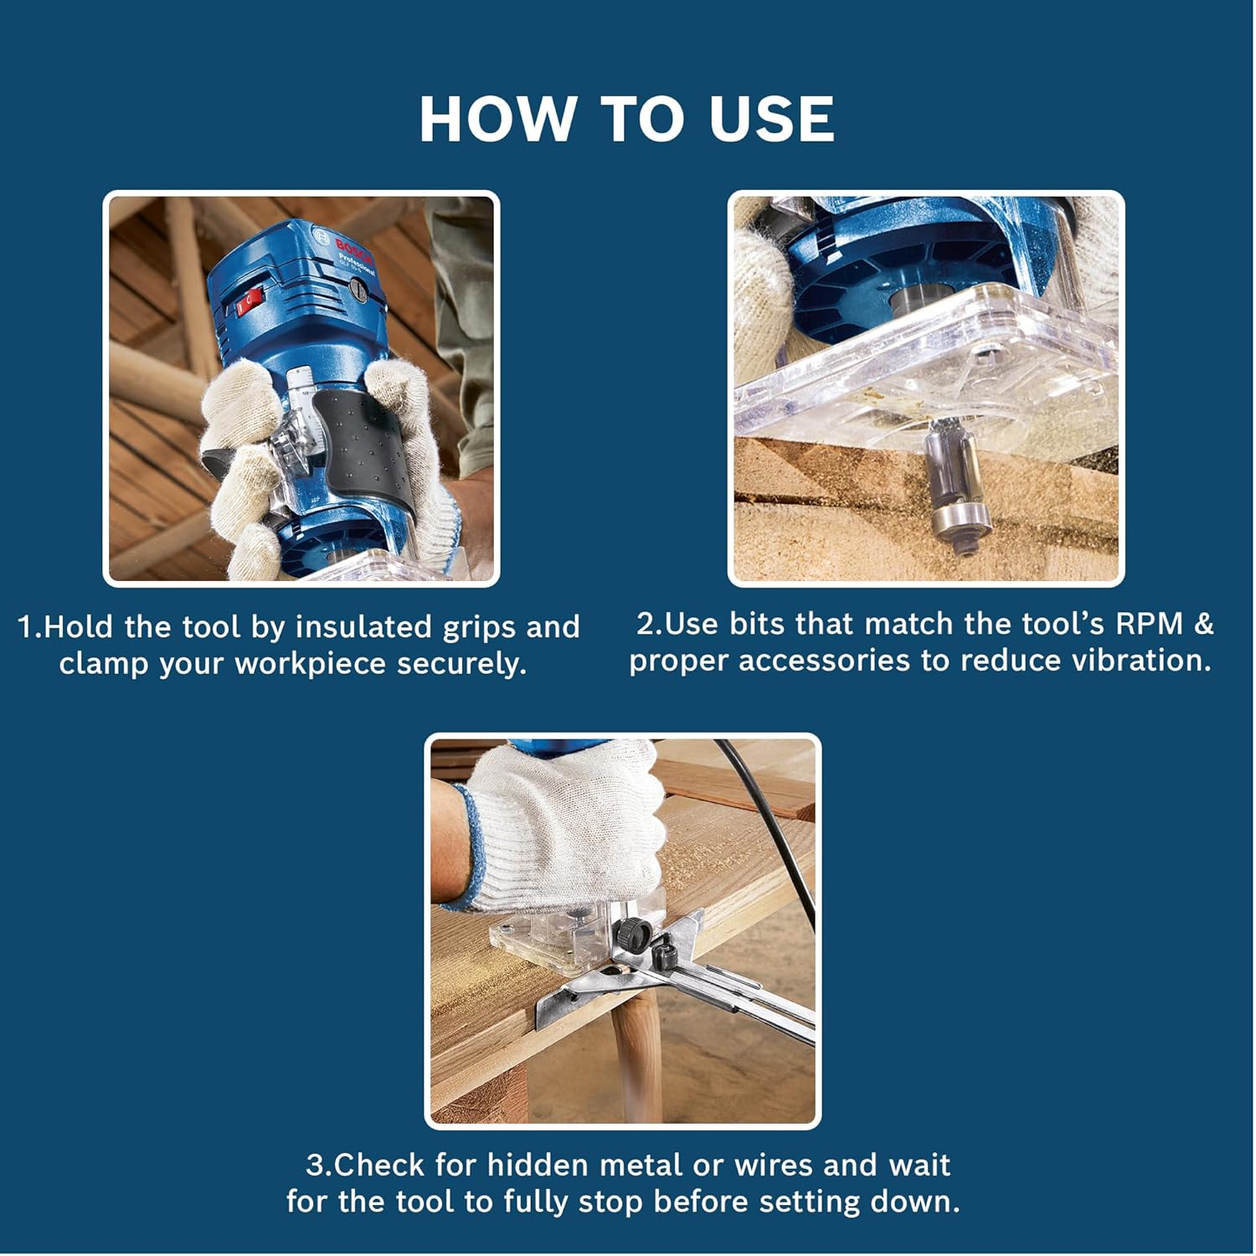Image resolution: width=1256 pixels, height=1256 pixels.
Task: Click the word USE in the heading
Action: [x=771, y=119]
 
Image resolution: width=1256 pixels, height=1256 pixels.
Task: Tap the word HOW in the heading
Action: [x=498, y=119]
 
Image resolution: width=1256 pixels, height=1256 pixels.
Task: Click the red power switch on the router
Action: [x=249, y=301]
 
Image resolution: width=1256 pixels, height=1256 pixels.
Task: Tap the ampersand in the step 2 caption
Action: [x=1204, y=624]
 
